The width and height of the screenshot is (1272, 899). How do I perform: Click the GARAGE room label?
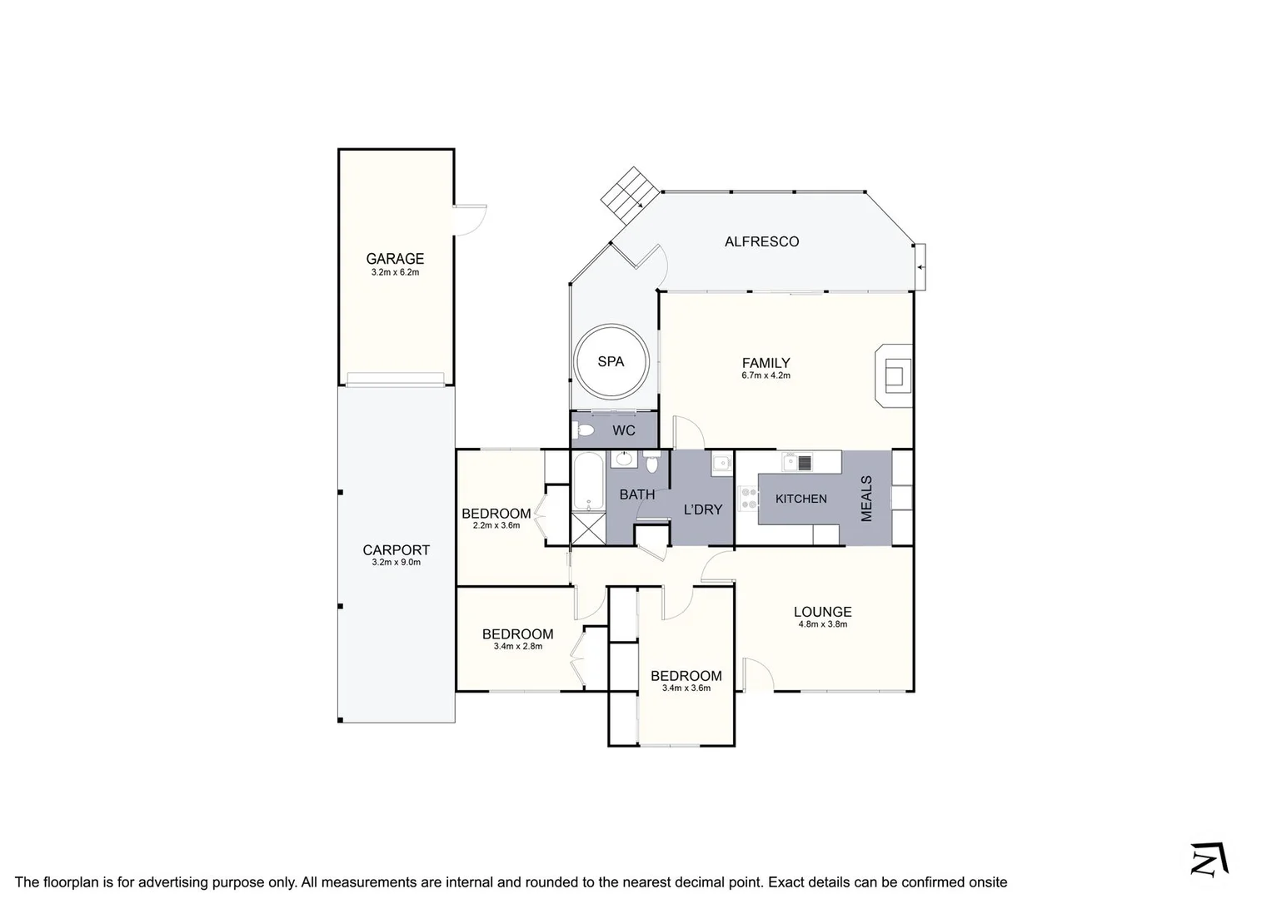click(395, 259)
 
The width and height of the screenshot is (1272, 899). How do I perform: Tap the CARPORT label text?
click(396, 550)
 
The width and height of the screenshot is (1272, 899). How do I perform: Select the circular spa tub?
click(611, 361)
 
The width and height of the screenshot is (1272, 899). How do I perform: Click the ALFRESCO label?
click(761, 241)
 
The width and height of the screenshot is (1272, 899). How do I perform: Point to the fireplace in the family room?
click(894, 375)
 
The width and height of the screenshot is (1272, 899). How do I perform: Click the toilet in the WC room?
click(585, 430)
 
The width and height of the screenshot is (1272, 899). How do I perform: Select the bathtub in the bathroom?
click(588, 483)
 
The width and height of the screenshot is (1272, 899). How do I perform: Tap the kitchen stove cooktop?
click(748, 498)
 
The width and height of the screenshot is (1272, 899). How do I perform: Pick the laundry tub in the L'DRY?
click(721, 463)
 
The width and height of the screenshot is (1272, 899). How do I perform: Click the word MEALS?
click(866, 499)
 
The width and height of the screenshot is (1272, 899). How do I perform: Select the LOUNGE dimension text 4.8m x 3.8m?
click(822, 624)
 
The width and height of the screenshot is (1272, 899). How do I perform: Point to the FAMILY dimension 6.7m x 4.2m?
click(766, 375)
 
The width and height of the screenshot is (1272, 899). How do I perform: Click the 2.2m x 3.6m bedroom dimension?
click(496, 525)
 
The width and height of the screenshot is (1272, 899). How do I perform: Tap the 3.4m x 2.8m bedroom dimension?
click(517, 646)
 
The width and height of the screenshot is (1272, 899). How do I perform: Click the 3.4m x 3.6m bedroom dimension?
click(686, 688)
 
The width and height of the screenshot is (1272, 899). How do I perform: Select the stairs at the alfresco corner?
click(631, 195)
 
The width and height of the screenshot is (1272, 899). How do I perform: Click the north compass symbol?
click(1210, 859)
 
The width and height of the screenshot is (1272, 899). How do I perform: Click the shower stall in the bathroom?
click(588, 529)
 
